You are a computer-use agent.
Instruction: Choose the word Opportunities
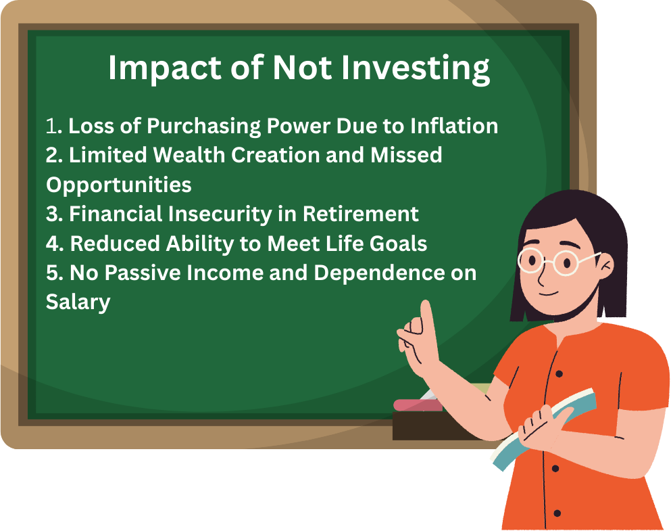click(118, 184)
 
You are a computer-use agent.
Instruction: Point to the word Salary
click(78, 302)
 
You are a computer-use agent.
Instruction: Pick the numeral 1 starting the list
click(51, 126)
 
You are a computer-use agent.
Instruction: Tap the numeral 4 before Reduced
click(52, 243)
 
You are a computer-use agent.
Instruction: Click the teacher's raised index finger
click(426, 318)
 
